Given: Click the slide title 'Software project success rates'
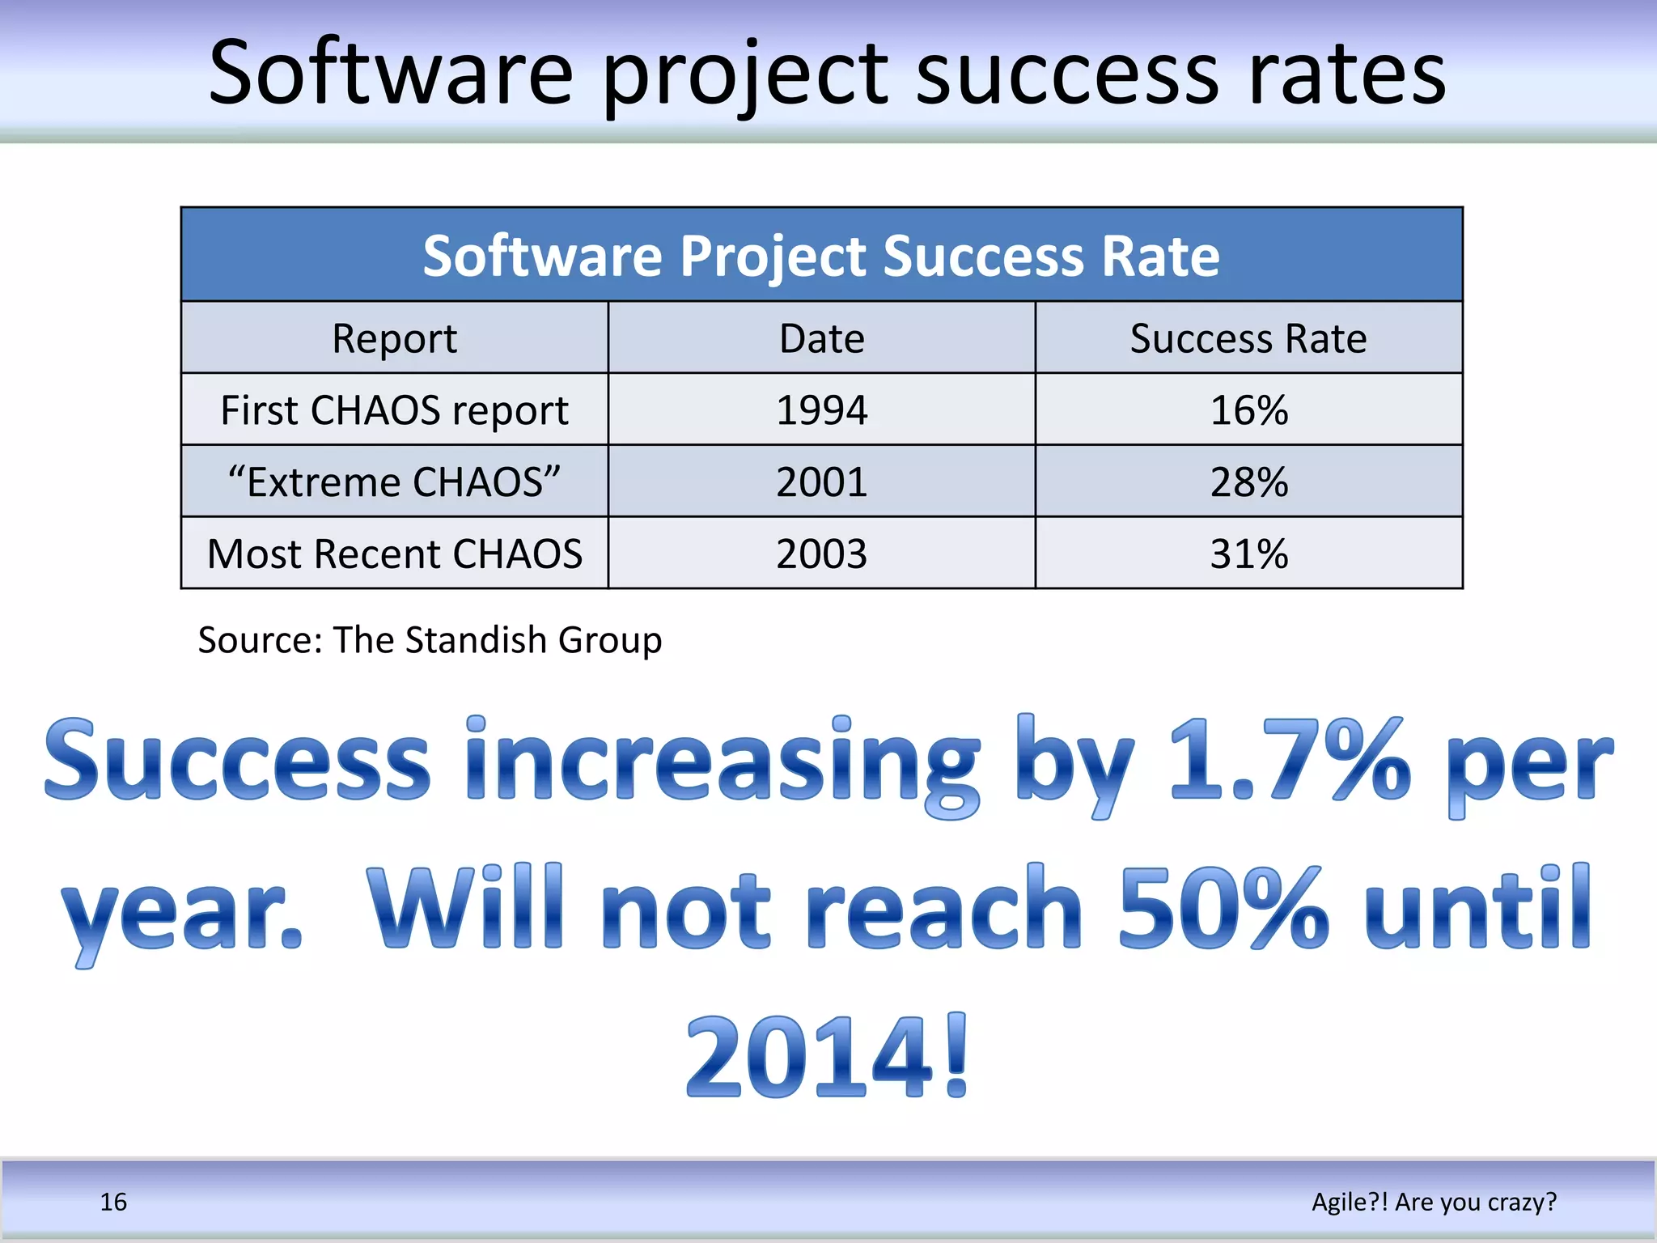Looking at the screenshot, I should point(827,74).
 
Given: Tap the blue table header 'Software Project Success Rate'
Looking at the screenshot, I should point(821,256).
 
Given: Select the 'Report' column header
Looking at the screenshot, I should point(394,338).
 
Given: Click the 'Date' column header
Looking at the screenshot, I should point(821,338).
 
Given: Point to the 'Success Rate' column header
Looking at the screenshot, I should point(1248,338).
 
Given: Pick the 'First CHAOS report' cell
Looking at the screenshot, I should point(394,409).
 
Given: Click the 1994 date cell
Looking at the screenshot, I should point(821,409).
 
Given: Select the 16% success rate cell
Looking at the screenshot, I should point(1248,409).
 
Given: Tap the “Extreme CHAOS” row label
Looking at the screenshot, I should point(394,482).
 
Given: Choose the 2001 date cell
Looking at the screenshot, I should point(821,482).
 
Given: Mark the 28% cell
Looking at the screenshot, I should point(1248,482).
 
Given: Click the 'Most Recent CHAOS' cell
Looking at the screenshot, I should point(394,554).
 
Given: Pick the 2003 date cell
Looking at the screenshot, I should point(821,554).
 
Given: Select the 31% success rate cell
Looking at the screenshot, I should point(1248,554).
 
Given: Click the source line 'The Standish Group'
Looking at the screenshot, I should point(497,639).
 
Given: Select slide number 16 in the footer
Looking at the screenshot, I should point(113,1202).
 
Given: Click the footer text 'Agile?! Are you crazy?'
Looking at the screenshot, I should point(1434,1202).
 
